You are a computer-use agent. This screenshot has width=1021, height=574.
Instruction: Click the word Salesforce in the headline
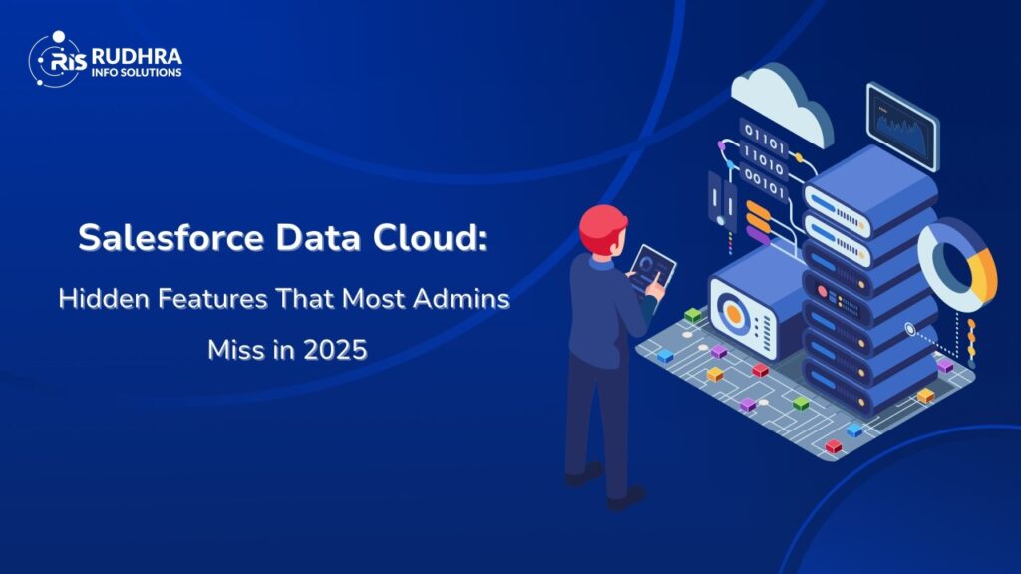point(171,237)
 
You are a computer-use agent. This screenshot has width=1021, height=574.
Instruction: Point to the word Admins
point(461,299)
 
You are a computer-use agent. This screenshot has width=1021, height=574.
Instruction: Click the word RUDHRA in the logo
point(137,57)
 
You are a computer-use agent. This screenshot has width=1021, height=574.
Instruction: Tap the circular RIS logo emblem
point(57,59)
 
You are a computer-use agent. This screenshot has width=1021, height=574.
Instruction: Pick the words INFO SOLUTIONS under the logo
point(137,72)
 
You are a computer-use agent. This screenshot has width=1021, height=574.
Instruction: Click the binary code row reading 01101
point(764,139)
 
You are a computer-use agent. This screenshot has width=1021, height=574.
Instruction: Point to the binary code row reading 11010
point(764,161)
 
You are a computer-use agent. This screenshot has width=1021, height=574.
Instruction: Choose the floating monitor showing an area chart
point(902,126)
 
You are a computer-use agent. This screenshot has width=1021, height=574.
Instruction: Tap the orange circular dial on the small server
point(734,313)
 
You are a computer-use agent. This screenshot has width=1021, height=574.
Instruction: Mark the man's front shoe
point(627,498)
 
